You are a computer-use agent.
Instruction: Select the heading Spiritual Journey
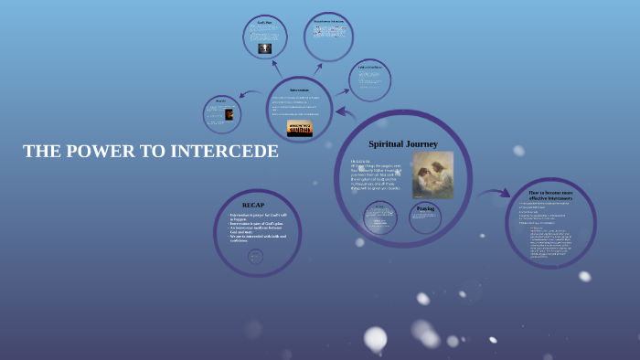[403, 143]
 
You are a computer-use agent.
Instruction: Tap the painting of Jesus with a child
[432, 175]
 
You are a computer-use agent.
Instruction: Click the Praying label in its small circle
[425, 209]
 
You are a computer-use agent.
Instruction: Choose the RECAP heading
[253, 204]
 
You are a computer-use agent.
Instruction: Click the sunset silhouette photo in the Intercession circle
[299, 128]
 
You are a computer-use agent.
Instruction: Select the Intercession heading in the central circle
[299, 90]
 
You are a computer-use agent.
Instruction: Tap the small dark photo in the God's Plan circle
[265, 48]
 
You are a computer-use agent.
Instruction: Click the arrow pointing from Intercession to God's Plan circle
[277, 68]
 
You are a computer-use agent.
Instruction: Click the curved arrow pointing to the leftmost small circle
[248, 93]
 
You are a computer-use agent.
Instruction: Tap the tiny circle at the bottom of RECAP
[256, 257]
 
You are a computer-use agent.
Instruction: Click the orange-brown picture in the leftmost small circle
[229, 115]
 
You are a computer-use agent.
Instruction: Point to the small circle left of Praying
[379, 218]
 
